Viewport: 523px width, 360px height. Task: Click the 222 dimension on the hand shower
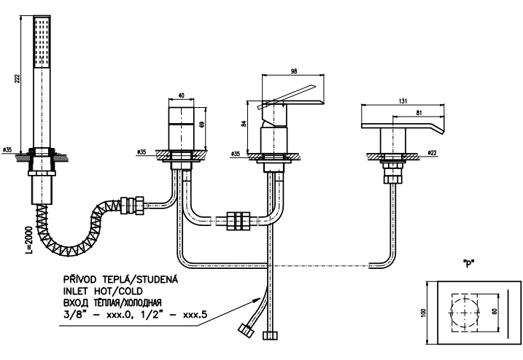pyautogui.click(x=18, y=78)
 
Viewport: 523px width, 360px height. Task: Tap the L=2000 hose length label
pyautogui.click(x=29, y=240)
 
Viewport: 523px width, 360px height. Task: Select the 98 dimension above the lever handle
pyautogui.click(x=293, y=71)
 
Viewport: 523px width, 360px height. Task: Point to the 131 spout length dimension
pyautogui.click(x=403, y=101)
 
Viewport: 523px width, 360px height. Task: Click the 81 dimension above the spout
pyautogui.click(x=419, y=113)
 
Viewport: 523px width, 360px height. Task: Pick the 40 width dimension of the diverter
pyautogui.click(x=181, y=95)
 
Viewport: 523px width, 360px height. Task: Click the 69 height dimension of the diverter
pyautogui.click(x=201, y=125)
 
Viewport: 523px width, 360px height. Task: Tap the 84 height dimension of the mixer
pyautogui.click(x=244, y=123)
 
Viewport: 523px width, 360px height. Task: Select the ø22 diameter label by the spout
pyautogui.click(x=432, y=152)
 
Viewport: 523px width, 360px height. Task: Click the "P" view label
pyautogui.click(x=469, y=263)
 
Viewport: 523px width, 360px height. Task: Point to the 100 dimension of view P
pyautogui.click(x=424, y=313)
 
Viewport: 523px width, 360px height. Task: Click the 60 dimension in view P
pyautogui.click(x=495, y=310)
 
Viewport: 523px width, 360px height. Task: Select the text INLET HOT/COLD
pyautogui.click(x=103, y=291)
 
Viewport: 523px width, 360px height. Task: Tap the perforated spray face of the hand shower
pyautogui.click(x=42, y=42)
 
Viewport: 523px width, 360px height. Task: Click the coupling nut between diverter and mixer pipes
pyautogui.click(x=238, y=221)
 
